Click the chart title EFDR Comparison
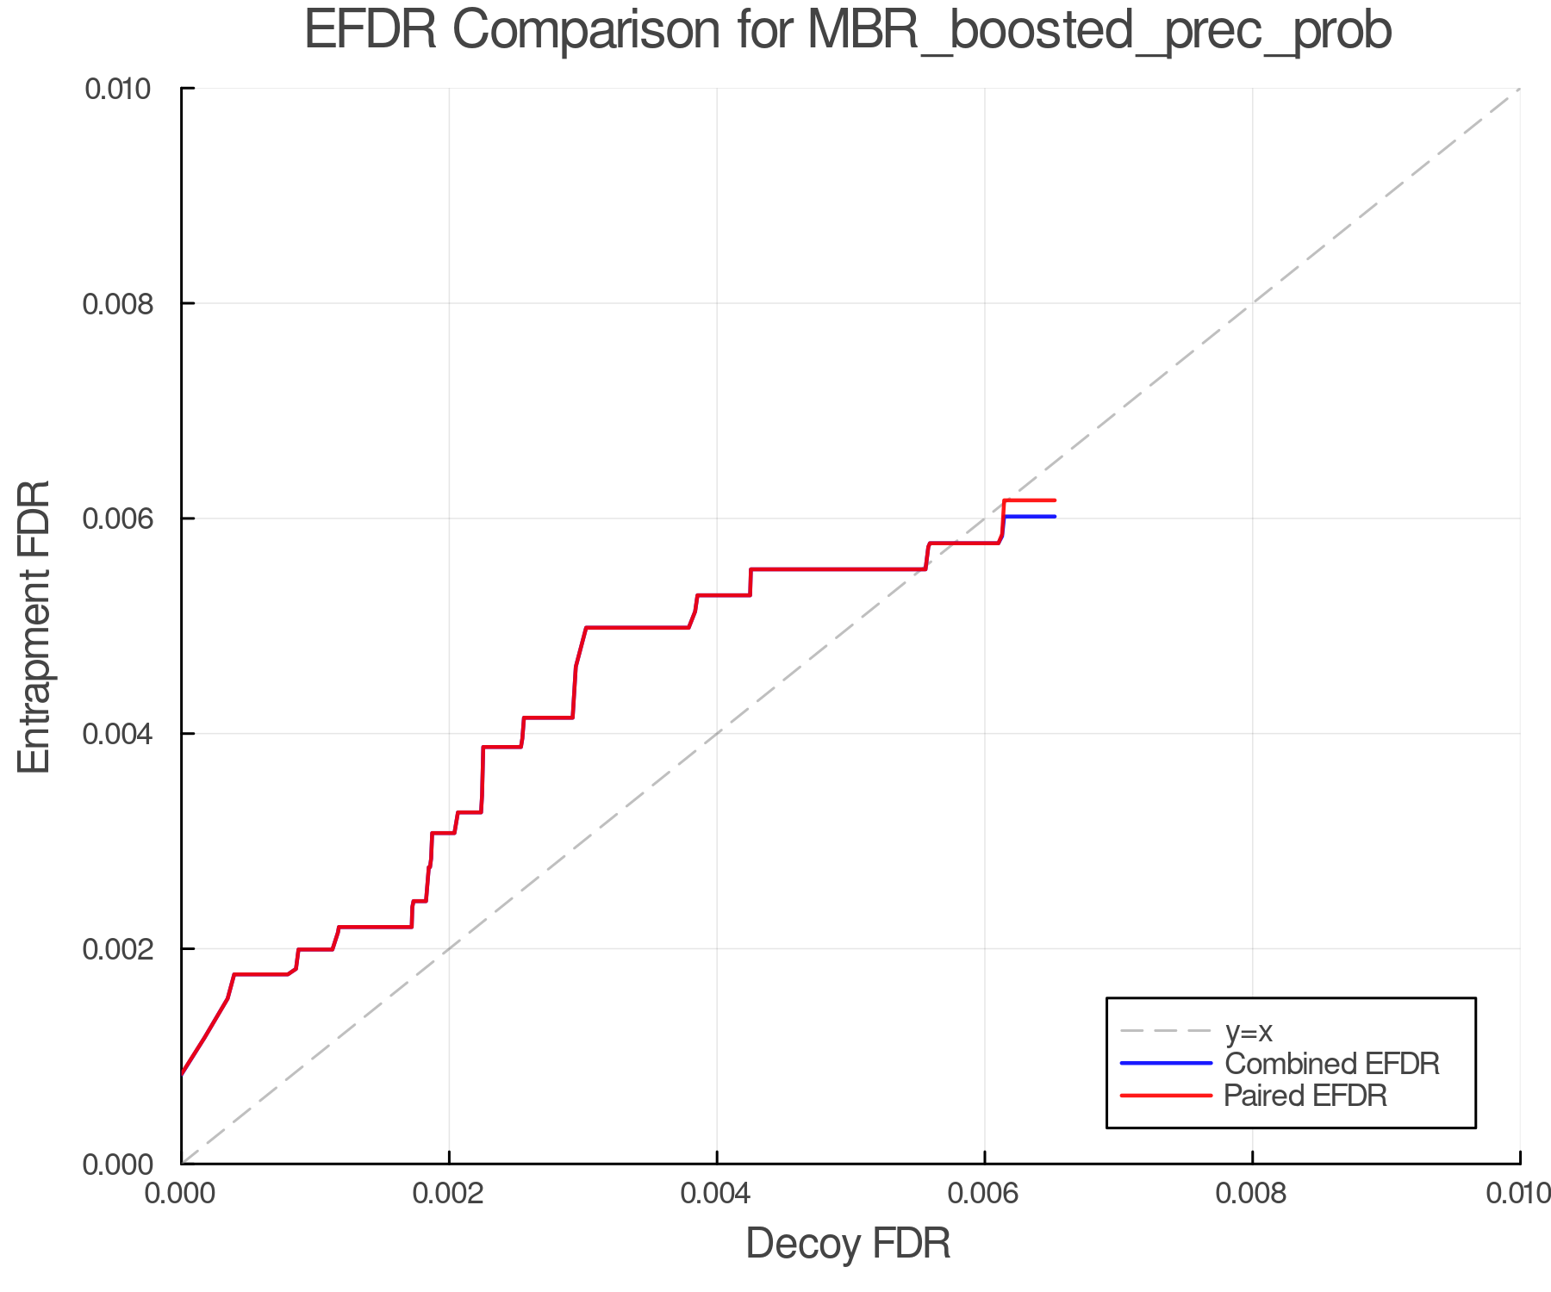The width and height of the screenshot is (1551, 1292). point(848,31)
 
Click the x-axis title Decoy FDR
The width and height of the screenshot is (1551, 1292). point(848,1243)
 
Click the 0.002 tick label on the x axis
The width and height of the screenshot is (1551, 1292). point(449,1193)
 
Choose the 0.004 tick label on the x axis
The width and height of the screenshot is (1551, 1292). point(717,1193)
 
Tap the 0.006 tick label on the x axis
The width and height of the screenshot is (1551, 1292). point(984,1193)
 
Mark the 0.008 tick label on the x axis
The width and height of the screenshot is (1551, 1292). point(1252,1193)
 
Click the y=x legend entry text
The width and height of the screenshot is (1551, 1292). point(1249,1031)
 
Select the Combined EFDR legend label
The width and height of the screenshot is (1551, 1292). point(1331,1064)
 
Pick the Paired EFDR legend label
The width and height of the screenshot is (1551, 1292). point(1305,1096)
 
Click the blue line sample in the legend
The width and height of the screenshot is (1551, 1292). point(1165,1064)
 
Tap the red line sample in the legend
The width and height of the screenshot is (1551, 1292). point(1165,1096)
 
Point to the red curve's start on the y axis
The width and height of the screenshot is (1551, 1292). point(183,1074)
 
